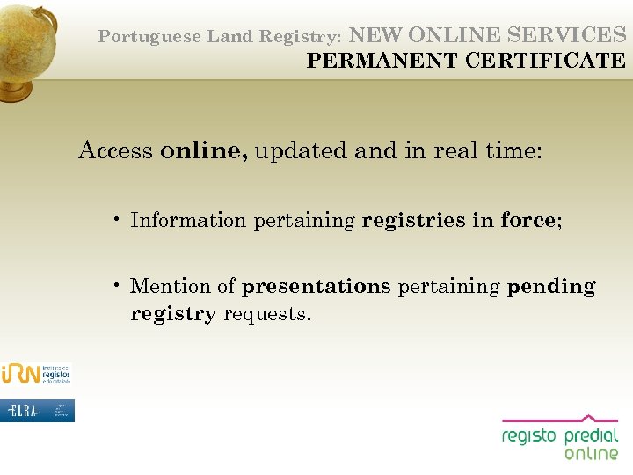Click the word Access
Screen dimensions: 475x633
(115, 150)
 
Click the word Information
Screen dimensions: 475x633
(188, 220)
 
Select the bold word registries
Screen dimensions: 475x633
(413, 220)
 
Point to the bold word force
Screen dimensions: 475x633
(527, 220)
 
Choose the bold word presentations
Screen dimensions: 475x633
(316, 286)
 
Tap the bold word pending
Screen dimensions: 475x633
(551, 286)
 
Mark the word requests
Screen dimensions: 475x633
(267, 314)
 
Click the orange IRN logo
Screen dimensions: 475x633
(35, 373)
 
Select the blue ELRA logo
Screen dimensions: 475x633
(37, 411)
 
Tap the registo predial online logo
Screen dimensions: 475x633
(560, 438)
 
